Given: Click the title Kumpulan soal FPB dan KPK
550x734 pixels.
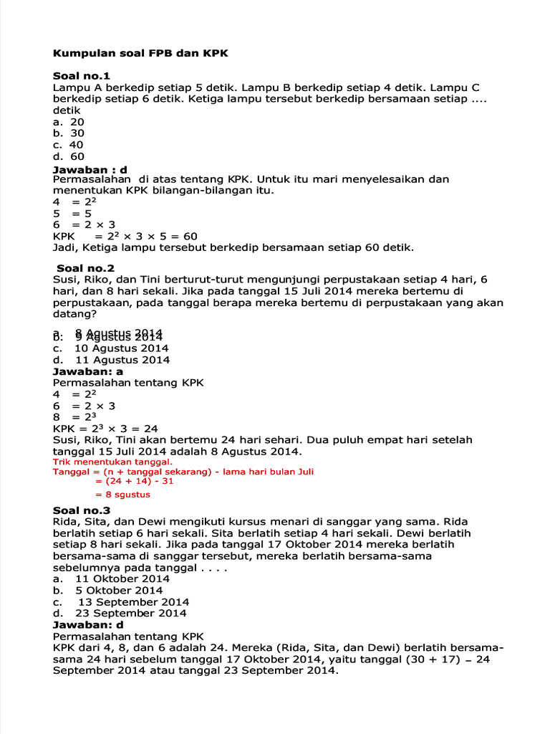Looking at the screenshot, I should pyautogui.click(x=140, y=54).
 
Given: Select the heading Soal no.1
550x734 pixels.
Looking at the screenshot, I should pyautogui.click(x=82, y=76).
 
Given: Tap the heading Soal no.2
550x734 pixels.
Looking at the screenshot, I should pyautogui.click(x=86, y=268).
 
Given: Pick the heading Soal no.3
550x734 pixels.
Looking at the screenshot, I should pyautogui.click(x=82, y=510).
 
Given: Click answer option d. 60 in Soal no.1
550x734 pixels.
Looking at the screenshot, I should pyautogui.click(x=69, y=156).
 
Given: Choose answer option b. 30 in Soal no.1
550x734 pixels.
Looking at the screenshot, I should pyautogui.click(x=69, y=133).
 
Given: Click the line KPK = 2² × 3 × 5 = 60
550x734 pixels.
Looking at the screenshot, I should pyautogui.click(x=125, y=237).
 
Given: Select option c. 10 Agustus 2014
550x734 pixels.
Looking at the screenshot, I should pyautogui.click(x=111, y=348).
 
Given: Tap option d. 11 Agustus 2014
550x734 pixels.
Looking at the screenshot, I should pyautogui.click(x=111, y=360).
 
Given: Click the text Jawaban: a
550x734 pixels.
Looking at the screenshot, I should pyautogui.click(x=88, y=371).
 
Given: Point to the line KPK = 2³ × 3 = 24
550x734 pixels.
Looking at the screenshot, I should pyautogui.click(x=105, y=429).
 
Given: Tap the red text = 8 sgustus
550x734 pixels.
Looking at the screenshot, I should pyautogui.click(x=122, y=495).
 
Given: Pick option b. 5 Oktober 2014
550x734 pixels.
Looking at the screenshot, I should pyautogui.click(x=108, y=590).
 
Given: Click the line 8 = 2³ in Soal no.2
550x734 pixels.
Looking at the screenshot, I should pyautogui.click(x=74, y=417).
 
